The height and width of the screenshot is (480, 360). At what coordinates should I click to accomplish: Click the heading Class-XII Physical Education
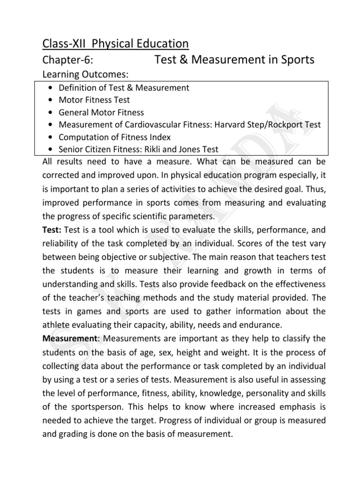115,44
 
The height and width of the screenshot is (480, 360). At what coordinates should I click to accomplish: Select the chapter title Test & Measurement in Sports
234,60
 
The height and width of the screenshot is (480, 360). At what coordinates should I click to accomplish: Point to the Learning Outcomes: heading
86,75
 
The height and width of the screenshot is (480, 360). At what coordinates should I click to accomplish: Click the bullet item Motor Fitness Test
94,100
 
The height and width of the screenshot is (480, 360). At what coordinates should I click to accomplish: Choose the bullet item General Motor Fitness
101,112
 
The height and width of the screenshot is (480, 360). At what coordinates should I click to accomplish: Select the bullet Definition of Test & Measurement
124,87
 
